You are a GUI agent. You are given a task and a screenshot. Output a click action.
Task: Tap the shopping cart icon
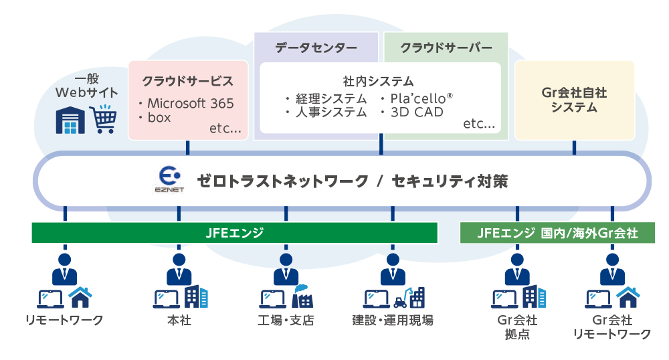tap(102, 120)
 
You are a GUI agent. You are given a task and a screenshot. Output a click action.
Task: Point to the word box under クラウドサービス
tap(159, 117)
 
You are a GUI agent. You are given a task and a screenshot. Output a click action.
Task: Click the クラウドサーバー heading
tap(446, 48)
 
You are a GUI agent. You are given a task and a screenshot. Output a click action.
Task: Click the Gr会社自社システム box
tap(574, 100)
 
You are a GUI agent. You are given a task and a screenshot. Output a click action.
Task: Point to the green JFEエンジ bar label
tap(234, 233)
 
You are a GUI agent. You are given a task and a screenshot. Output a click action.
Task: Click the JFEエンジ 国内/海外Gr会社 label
tap(557, 233)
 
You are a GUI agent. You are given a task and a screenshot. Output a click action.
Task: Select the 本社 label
tap(179, 320)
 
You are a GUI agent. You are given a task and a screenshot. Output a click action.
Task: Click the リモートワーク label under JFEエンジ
tap(64, 320)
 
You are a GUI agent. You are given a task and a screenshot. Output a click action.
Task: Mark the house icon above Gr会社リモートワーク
tap(628, 296)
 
